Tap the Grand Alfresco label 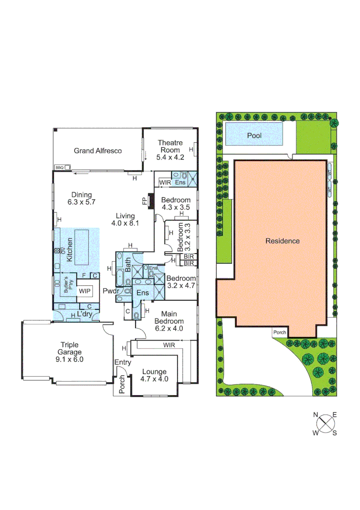tap(98, 151)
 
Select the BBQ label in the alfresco tap(59, 167)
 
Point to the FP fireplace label tap(145, 201)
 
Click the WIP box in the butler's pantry tap(85, 291)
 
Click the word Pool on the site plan tap(254, 136)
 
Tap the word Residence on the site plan tap(282, 241)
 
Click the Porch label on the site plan tap(279, 332)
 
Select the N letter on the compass tap(316, 416)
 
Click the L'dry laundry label tap(85, 314)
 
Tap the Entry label tap(122, 362)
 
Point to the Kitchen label tap(69, 251)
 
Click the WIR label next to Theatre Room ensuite tap(165, 182)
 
